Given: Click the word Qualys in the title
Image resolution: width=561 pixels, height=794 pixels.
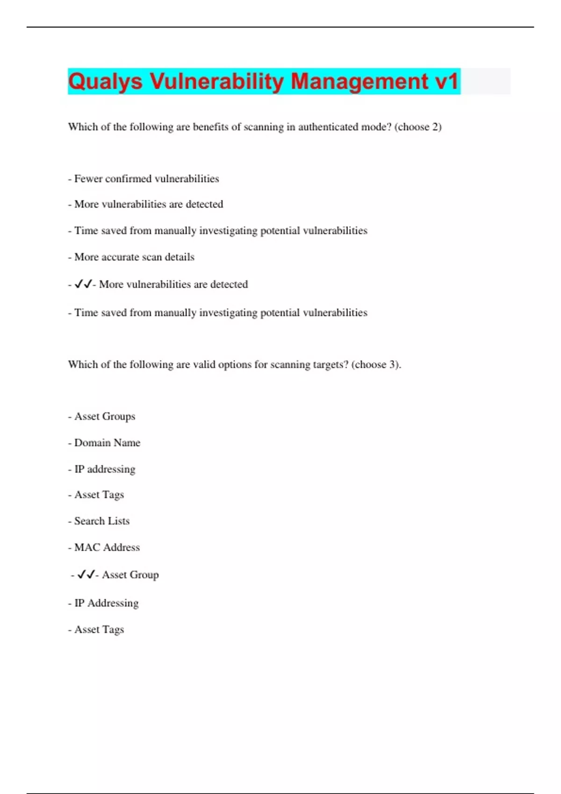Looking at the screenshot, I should click(x=105, y=82).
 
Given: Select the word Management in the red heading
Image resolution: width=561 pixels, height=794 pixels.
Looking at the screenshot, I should click(x=360, y=82).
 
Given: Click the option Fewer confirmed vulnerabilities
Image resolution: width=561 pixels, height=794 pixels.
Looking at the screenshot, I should click(x=146, y=179).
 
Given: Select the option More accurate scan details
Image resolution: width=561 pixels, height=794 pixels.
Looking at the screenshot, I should click(x=134, y=257).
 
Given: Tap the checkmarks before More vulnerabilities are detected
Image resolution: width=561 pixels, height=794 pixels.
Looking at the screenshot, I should click(x=83, y=284).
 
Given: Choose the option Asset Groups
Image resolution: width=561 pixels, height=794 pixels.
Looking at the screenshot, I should click(x=104, y=416).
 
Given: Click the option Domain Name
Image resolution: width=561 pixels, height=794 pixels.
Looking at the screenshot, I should click(x=107, y=443).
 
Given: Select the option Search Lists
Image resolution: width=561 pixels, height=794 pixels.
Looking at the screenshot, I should click(x=101, y=521).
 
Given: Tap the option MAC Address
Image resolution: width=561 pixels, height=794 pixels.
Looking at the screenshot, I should click(x=107, y=547).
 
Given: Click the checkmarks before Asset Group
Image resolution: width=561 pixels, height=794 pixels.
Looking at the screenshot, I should click(x=86, y=574).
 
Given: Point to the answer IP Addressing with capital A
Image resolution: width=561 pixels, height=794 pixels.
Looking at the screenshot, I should click(x=106, y=603).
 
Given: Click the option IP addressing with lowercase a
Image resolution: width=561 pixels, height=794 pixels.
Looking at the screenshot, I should click(x=105, y=469).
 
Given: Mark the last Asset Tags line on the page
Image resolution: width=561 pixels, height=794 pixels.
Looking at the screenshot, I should click(x=99, y=630).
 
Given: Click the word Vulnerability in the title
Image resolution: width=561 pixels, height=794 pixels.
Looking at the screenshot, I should click(x=216, y=82).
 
